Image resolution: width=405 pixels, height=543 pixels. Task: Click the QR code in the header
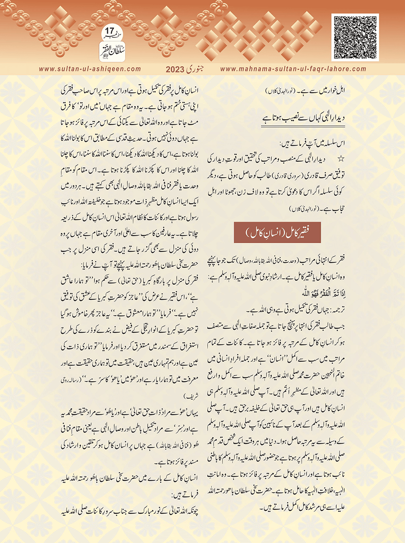point(355,37)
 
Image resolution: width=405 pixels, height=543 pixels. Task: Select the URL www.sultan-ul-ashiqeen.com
point(90,69)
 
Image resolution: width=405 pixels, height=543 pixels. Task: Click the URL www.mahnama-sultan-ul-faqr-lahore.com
point(293,69)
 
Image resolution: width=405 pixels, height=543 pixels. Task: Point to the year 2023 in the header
point(175,69)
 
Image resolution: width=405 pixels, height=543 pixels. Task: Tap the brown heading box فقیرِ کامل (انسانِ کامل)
point(277,232)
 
